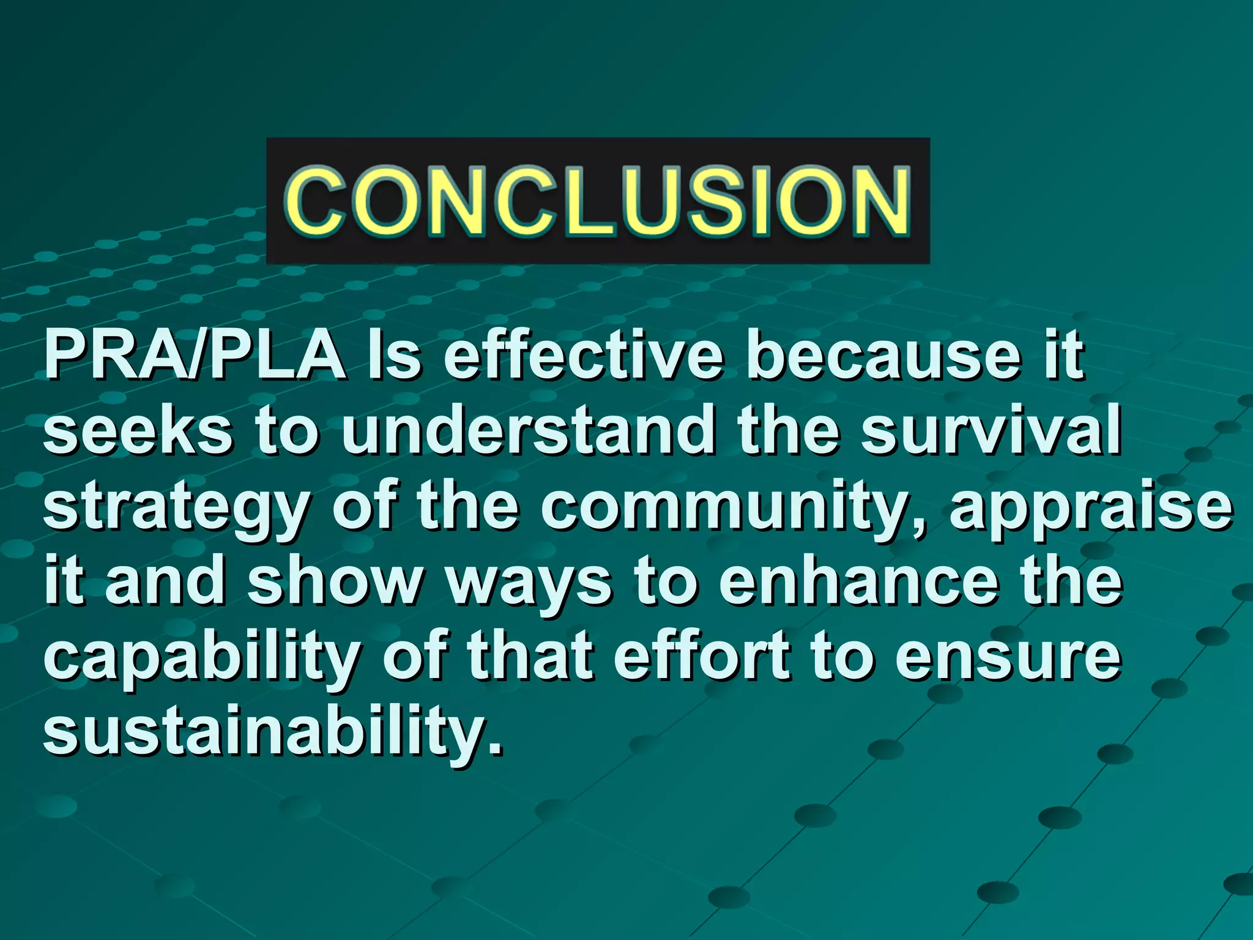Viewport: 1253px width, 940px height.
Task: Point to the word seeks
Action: click(138, 431)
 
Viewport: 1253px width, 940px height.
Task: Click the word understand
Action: click(527, 431)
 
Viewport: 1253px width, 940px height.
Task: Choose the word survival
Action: click(991, 431)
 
